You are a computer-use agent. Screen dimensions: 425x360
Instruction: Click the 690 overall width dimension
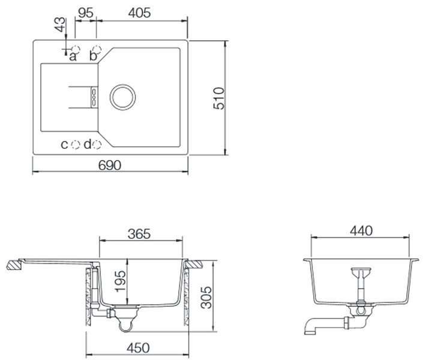109,165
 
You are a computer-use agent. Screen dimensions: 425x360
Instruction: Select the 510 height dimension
219,98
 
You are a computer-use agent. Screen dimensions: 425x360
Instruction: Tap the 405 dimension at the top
140,13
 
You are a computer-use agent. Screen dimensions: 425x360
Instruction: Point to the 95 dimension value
86,13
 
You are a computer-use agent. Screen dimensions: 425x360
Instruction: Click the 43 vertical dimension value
60,25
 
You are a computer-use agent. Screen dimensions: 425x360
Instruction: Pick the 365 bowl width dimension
139,234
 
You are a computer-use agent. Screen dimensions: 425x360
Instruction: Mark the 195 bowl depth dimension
121,281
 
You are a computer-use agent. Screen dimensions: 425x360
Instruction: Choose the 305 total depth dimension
206,297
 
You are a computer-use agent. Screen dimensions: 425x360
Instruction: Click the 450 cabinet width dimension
138,348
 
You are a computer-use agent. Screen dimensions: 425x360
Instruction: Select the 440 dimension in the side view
361,231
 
